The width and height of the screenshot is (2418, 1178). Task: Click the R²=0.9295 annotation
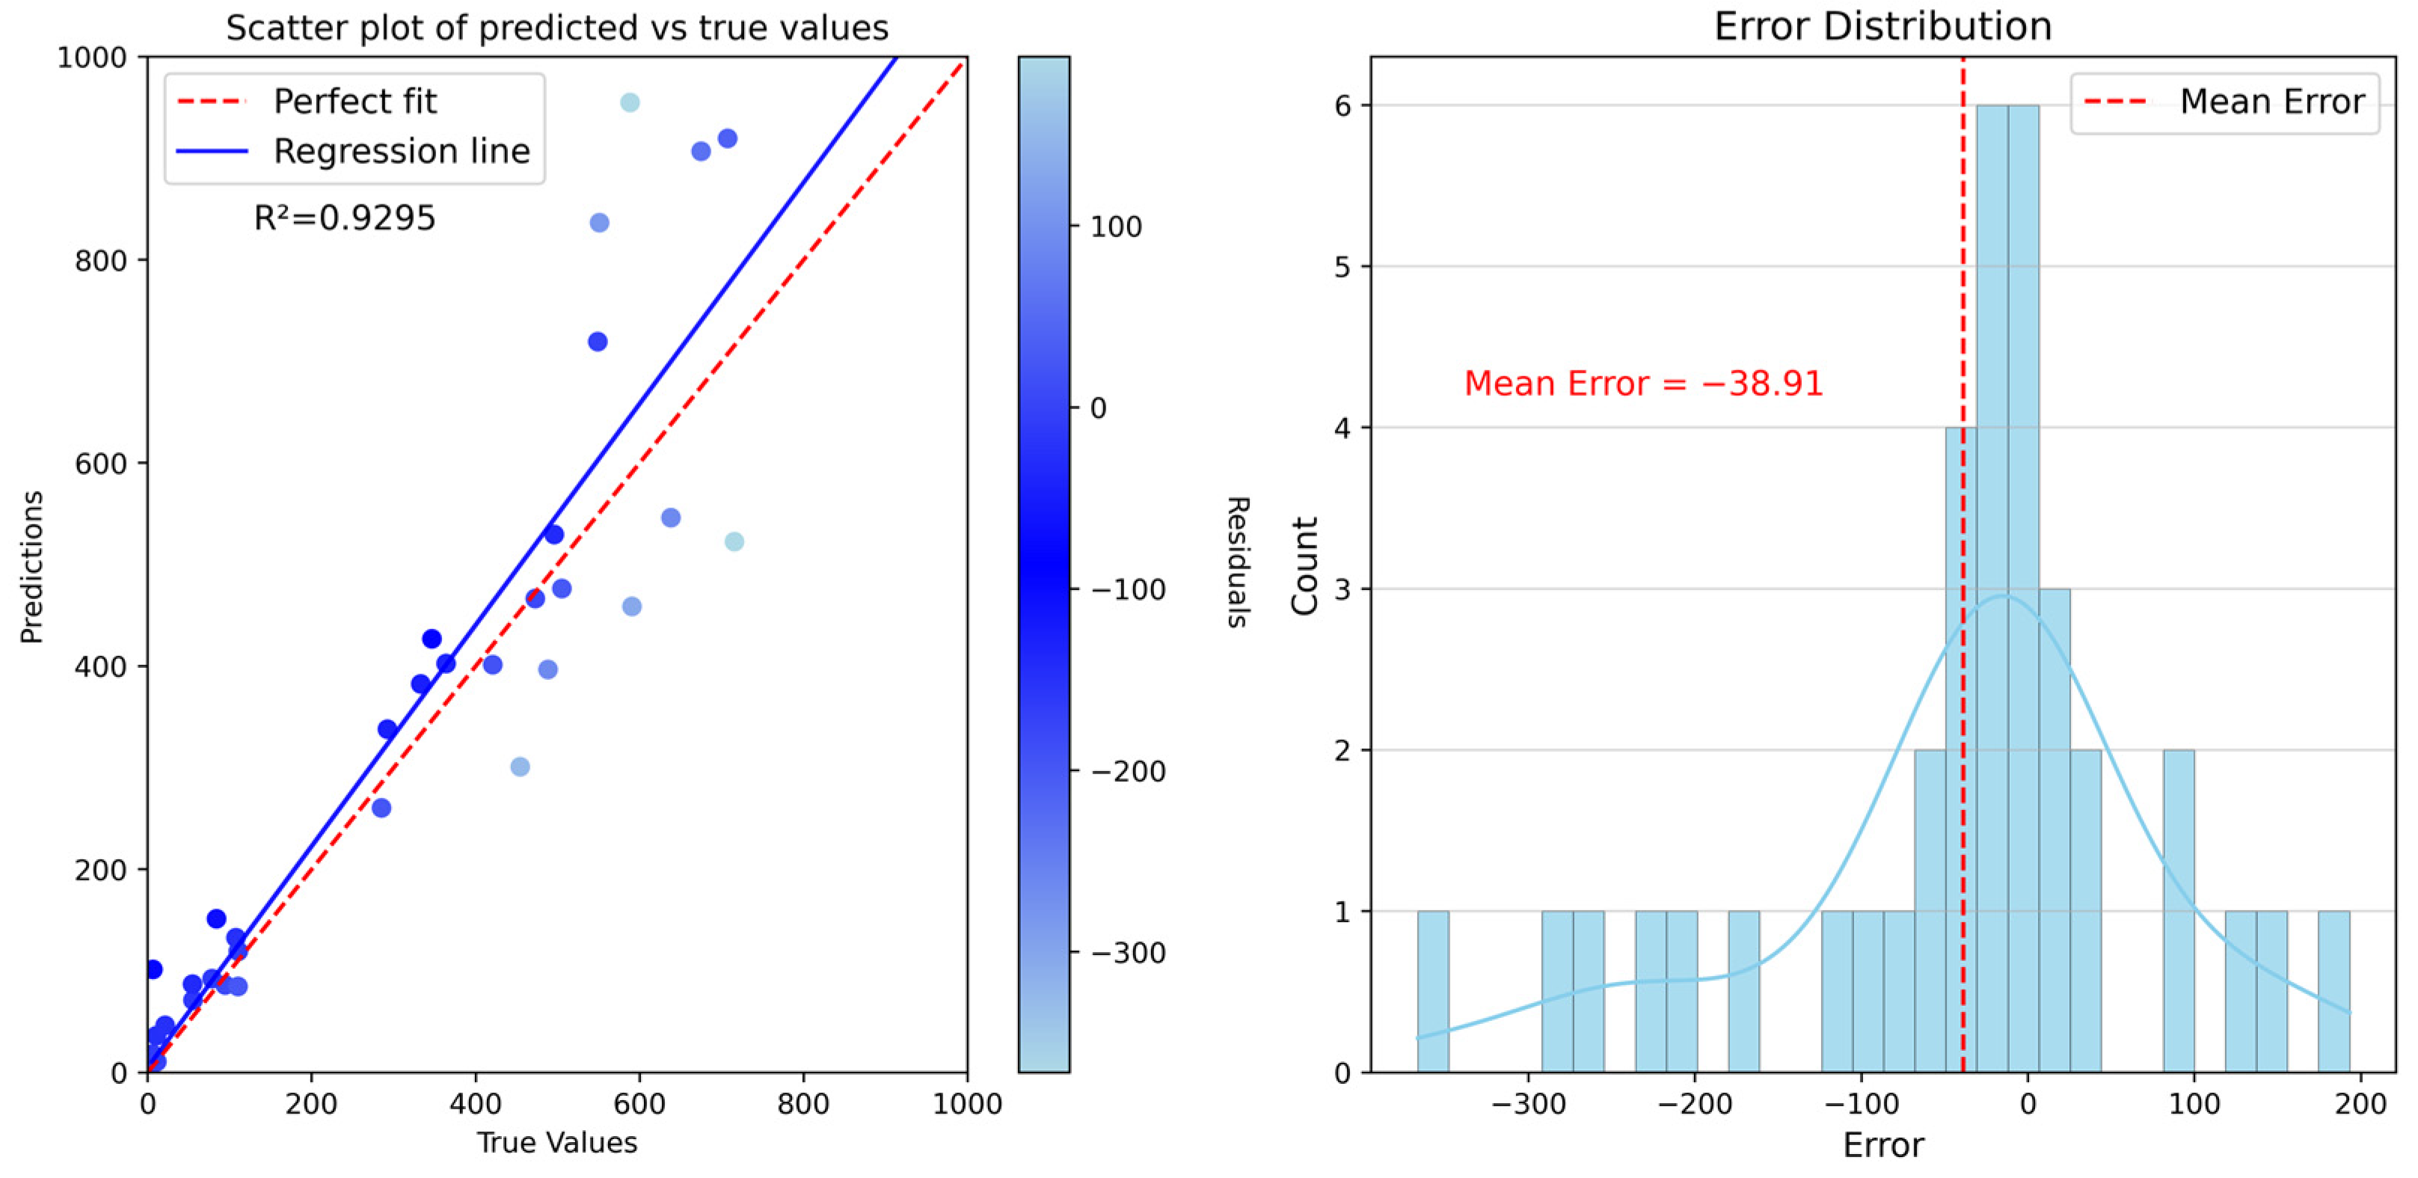tap(345, 218)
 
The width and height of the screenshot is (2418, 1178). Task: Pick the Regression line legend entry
tap(401, 151)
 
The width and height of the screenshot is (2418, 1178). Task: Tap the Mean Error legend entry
tap(2271, 102)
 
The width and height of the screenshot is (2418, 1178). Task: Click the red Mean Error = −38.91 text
tap(1642, 383)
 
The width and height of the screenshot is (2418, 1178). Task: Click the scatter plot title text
tap(556, 28)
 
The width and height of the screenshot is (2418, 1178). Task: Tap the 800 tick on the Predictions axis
tap(100, 260)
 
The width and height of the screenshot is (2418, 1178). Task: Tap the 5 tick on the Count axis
tap(1343, 266)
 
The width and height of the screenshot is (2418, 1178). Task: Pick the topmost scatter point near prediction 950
tap(630, 102)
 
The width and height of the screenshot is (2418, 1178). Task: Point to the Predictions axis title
tap(32, 566)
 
